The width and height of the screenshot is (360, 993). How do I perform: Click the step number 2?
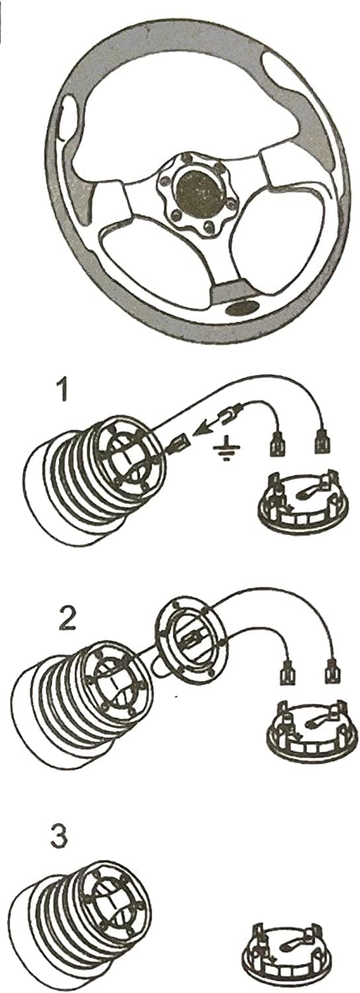[67, 619]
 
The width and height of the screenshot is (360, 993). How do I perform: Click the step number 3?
[58, 835]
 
